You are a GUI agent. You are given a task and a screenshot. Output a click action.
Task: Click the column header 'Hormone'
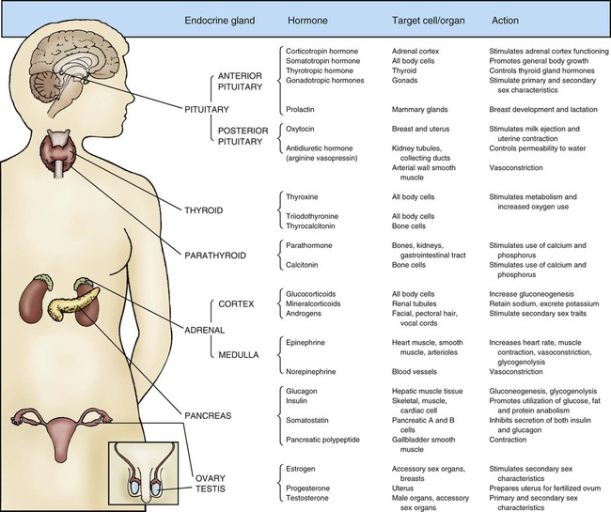coord(307,21)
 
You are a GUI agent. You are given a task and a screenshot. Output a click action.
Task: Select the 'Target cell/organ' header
coord(429,21)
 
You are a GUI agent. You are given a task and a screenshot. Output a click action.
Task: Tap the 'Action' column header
coord(505,21)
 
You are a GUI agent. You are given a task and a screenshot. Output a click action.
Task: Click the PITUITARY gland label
coord(207,109)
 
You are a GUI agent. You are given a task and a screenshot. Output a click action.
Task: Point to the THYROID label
coord(204,210)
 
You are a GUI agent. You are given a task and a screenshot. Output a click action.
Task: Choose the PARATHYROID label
coord(215,256)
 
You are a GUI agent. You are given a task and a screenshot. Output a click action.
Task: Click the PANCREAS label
coord(208,416)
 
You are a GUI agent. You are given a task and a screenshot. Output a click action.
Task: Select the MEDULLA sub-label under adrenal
coord(239,355)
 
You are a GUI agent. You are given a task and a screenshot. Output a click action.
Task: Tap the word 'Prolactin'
coord(300,109)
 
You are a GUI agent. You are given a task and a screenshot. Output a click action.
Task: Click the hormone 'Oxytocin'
coord(300,129)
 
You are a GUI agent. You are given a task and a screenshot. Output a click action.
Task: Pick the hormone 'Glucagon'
coord(301,391)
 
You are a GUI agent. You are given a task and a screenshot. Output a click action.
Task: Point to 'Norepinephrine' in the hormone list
coord(310,371)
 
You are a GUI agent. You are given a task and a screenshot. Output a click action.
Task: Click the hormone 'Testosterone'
coord(307,498)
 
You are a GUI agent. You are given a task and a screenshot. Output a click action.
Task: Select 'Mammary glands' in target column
coord(419,109)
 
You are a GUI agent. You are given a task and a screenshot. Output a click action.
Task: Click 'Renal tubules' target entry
coord(414,303)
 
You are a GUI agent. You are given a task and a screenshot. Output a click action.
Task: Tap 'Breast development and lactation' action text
coord(543,109)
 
